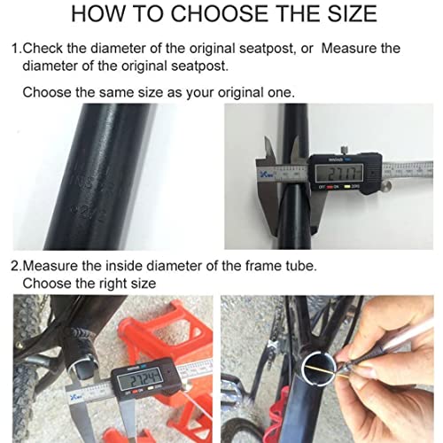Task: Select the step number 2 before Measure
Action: tap(14, 265)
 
